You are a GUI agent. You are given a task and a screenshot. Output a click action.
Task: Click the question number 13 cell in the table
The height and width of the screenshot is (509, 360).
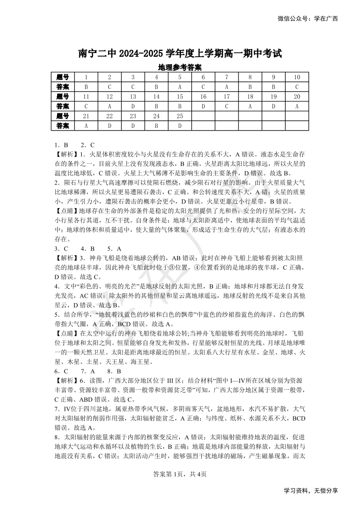[x=133, y=97]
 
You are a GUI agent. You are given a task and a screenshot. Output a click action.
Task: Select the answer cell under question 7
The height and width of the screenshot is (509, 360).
[x=227, y=87]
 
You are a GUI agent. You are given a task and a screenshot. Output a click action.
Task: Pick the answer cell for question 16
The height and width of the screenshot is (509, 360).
[x=204, y=106]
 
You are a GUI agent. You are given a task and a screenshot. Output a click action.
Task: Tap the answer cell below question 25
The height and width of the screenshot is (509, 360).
[x=180, y=126]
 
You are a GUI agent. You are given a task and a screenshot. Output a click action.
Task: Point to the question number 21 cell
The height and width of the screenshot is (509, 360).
[x=86, y=116]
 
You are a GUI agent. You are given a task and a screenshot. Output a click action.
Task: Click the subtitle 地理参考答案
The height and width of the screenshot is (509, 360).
[x=180, y=68]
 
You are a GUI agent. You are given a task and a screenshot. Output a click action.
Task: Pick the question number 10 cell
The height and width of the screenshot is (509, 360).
[x=297, y=77]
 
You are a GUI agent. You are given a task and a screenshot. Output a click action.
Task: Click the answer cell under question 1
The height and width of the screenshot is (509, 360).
[x=86, y=87]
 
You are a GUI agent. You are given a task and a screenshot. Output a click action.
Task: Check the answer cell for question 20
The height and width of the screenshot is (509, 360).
[x=297, y=106]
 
